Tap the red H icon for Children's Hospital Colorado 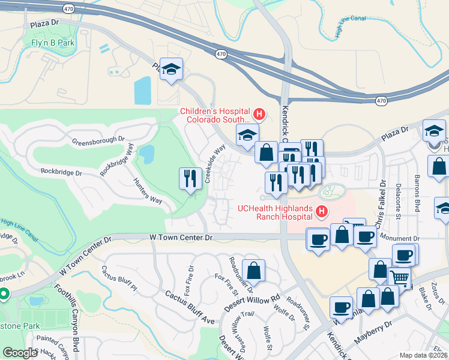coord(259,113)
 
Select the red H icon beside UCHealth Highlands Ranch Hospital coord(322,211)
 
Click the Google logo coord(20,353)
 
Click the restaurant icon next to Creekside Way coord(188,178)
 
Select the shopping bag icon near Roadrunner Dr coord(255,270)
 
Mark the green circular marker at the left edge coord(3,294)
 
